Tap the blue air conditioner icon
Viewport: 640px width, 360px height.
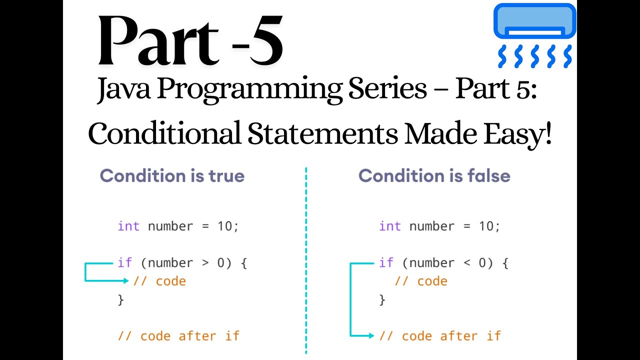pyautogui.click(x=534, y=35)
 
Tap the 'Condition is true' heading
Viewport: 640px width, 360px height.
pyautogui.click(x=172, y=176)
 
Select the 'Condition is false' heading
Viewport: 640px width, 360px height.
pyautogui.click(x=434, y=176)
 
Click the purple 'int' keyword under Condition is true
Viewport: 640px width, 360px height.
pyautogui.click(x=128, y=226)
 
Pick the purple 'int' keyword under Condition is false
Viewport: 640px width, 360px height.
pyautogui.click(x=390, y=226)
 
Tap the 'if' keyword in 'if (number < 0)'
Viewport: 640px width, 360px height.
pyautogui.click(x=386, y=263)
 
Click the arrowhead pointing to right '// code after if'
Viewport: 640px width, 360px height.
pyautogui.click(x=370, y=336)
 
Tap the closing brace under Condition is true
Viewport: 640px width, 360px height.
pyautogui.click(x=120, y=299)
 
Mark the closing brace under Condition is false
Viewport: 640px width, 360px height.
pyautogui.click(x=382, y=299)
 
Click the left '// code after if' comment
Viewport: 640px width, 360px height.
pyautogui.click(x=178, y=336)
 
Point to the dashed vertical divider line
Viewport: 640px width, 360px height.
pyautogui.click(x=306, y=260)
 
